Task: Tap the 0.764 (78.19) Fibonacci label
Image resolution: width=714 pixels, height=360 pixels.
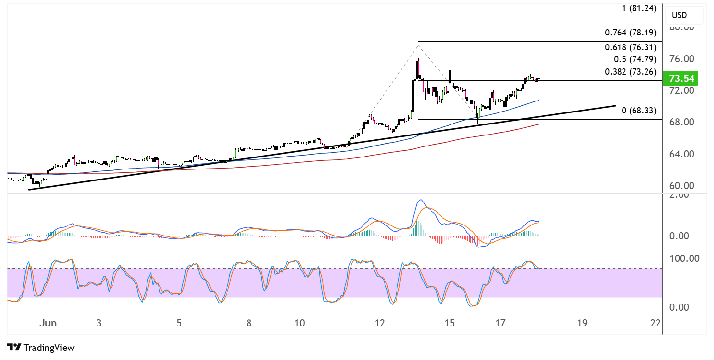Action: (631, 33)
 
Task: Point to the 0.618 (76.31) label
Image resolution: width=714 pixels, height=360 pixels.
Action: (631, 47)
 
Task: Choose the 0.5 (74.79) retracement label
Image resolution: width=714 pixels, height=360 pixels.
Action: (635, 60)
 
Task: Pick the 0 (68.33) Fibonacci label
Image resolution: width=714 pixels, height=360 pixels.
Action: (638, 111)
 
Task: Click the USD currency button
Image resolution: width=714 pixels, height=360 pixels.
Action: (683, 15)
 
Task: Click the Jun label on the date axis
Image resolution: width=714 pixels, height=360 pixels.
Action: (48, 323)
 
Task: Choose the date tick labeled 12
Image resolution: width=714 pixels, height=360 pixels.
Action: (380, 323)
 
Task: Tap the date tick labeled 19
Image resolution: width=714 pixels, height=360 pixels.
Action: (582, 323)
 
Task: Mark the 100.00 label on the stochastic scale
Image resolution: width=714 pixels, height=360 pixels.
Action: (686, 259)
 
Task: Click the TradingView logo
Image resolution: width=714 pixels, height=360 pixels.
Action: (41, 348)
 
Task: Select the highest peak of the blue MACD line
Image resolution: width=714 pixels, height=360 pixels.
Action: (420, 200)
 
